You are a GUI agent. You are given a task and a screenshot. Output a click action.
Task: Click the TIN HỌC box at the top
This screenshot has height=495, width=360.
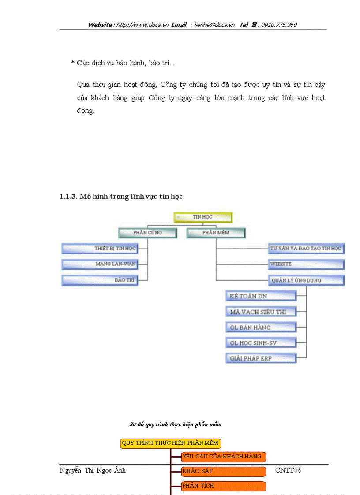(202, 217)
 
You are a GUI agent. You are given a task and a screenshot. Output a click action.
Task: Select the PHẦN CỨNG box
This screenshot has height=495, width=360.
(147, 232)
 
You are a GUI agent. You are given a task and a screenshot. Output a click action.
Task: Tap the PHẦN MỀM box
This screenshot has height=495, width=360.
(216, 232)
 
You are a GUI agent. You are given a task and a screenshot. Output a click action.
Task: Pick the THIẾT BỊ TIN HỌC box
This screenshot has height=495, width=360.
(99, 249)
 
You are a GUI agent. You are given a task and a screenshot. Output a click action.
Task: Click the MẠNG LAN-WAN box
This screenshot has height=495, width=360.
(99, 264)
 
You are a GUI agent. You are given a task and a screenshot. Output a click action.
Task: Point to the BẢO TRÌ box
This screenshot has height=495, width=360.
(99, 280)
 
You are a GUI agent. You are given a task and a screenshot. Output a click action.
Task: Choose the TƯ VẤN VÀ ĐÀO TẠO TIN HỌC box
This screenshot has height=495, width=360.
(306, 249)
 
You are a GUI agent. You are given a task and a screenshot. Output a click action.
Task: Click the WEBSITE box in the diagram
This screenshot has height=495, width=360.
(306, 264)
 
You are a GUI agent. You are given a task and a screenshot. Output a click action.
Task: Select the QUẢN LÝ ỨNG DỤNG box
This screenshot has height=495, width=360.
(306, 280)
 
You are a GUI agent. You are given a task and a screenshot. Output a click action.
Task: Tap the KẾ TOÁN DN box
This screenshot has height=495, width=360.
(261, 296)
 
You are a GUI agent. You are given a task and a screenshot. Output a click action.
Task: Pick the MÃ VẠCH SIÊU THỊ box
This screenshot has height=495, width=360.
(261, 312)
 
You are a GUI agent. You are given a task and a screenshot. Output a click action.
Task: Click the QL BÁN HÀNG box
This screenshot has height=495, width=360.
(261, 328)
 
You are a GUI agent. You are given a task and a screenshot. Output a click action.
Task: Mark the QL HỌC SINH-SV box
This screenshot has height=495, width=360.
(261, 343)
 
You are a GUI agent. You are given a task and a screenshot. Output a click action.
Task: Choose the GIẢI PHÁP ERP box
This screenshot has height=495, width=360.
(261, 358)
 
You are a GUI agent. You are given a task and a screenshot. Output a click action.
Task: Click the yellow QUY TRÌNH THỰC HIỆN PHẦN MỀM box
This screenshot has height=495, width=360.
(170, 443)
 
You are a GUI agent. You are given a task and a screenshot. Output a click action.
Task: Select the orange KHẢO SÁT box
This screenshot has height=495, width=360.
(223, 471)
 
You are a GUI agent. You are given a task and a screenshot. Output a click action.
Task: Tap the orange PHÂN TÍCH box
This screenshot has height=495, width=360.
(223, 486)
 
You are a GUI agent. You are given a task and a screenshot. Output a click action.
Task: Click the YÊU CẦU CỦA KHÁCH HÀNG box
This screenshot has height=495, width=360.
(223, 457)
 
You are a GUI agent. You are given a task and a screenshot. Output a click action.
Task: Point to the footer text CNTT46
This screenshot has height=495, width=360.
(288, 470)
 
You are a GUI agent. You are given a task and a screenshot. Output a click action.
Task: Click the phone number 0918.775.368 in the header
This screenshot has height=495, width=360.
(279, 25)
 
